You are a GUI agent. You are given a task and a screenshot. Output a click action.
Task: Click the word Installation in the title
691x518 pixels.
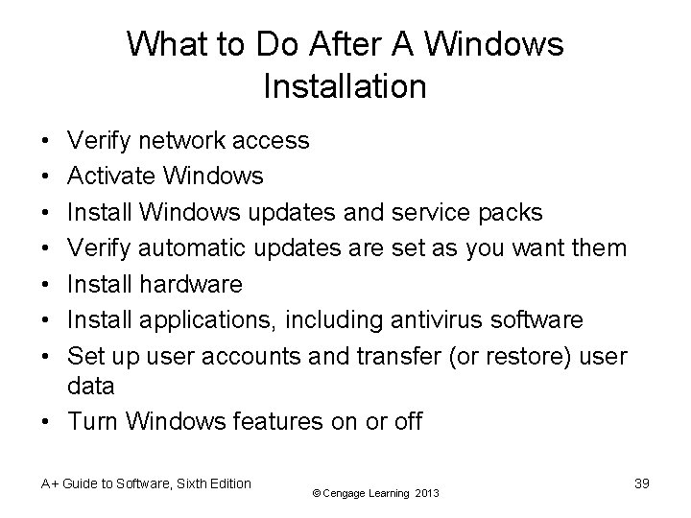(345, 87)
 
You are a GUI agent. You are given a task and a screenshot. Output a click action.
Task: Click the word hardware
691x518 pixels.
(191, 284)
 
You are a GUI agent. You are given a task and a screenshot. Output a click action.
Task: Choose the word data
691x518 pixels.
(92, 386)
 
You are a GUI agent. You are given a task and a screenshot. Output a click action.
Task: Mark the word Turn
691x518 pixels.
(92, 421)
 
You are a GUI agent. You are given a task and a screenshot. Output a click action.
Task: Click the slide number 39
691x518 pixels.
(642, 483)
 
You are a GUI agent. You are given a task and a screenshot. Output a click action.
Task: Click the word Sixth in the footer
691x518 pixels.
(178, 483)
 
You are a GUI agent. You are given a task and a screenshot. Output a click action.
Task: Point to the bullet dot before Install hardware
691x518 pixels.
(47, 284)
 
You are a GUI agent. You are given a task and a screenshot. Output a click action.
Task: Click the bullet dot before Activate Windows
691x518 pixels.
(47, 177)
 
